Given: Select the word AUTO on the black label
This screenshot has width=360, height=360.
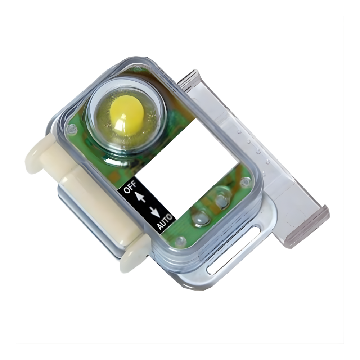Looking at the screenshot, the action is tap(165, 221).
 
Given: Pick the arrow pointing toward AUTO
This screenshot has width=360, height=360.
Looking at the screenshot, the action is tap(154, 212).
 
